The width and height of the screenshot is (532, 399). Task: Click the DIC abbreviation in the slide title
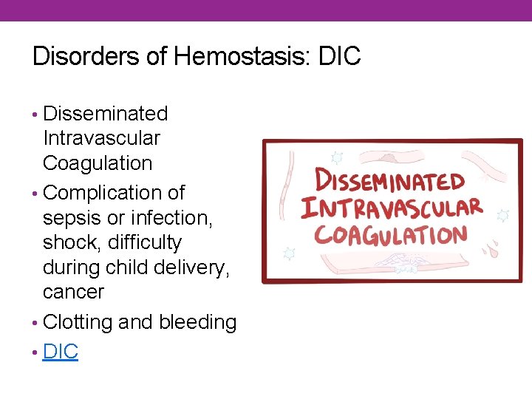(x=339, y=56)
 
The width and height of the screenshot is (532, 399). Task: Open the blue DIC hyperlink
(x=61, y=352)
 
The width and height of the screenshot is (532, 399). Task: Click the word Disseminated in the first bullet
(x=106, y=114)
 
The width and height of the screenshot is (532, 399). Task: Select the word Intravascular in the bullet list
(x=101, y=138)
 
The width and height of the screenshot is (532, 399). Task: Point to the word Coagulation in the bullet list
(x=98, y=163)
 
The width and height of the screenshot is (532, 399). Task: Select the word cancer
(x=74, y=292)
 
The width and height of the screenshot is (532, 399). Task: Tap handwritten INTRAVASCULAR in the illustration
(x=392, y=207)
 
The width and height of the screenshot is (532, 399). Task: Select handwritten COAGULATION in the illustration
(x=391, y=235)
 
